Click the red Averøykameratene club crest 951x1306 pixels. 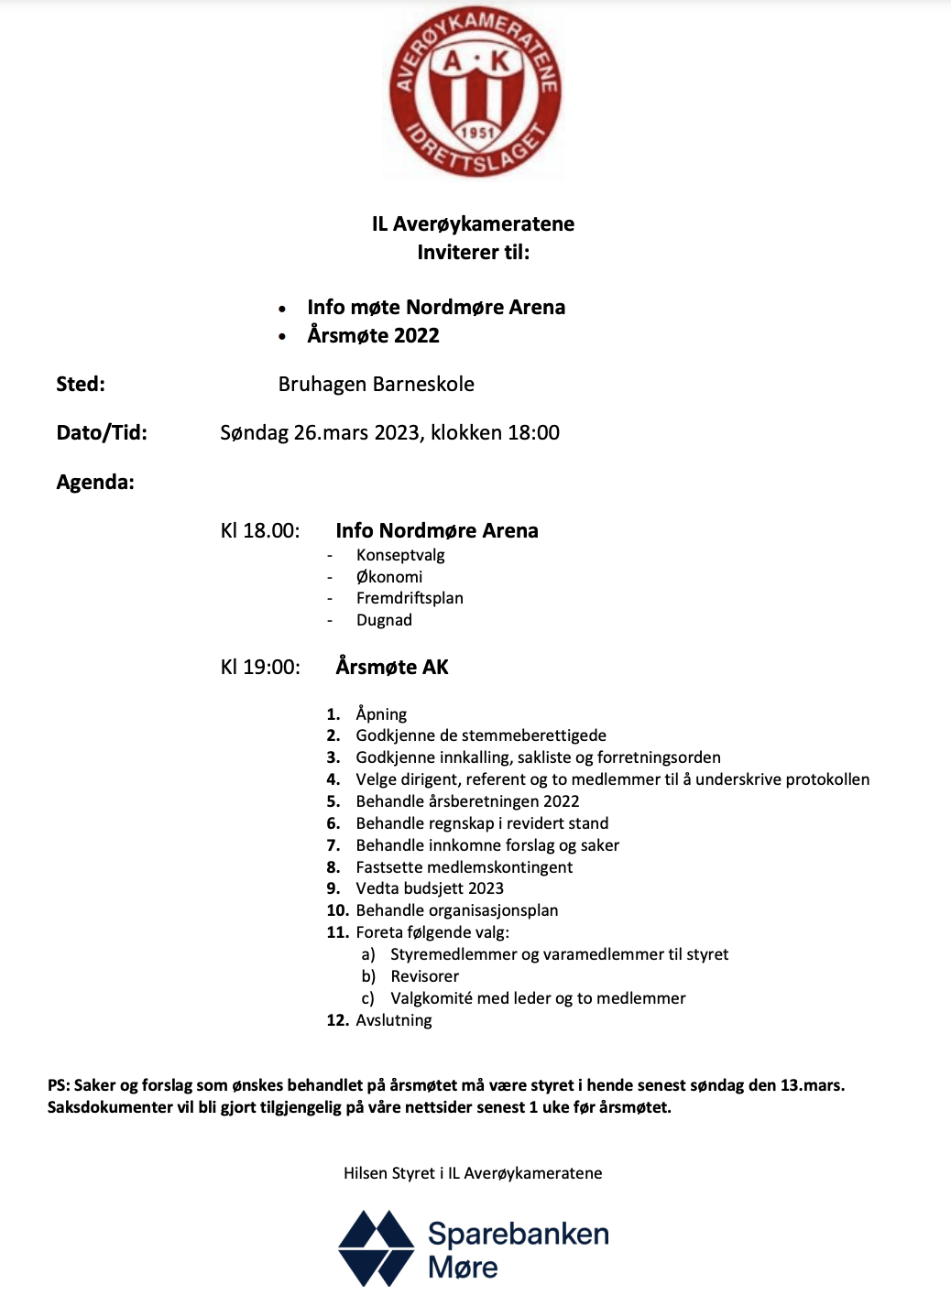475,92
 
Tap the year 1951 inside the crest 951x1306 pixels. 477,133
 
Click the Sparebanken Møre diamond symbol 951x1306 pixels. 377,1247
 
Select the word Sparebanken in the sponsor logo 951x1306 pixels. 519,1234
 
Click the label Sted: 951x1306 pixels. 81,385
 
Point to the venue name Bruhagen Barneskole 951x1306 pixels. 376,385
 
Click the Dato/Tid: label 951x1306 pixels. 102,433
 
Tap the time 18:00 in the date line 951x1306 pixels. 533,433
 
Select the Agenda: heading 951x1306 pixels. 95,483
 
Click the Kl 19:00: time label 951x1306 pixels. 260,668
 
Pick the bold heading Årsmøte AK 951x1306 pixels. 392,668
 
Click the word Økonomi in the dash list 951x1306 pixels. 389,577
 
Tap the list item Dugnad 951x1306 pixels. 384,620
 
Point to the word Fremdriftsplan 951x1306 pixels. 410,598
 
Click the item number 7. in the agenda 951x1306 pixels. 333,845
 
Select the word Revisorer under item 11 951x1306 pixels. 425,976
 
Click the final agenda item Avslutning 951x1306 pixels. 394,1020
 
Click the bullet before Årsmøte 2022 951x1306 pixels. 282,337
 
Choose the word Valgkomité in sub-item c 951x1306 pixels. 432,998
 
